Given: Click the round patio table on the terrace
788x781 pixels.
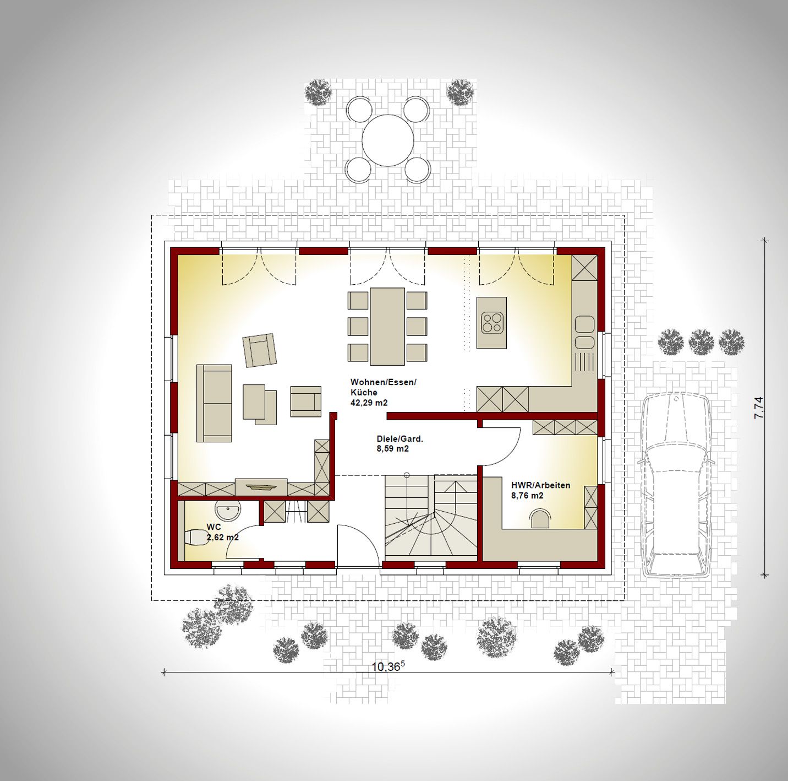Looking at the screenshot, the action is point(388,140).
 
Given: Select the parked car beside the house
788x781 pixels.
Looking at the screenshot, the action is point(676,486).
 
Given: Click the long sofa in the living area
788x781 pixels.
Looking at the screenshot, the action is point(214,403).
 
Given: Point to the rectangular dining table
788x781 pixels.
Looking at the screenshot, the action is point(387,326).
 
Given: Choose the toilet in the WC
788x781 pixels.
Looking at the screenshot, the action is point(196,538).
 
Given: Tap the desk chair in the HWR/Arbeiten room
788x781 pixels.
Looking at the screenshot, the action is point(540,518).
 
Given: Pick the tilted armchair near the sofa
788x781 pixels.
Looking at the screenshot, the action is point(259,350).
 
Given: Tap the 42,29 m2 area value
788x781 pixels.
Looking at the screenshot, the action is point(369,403).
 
